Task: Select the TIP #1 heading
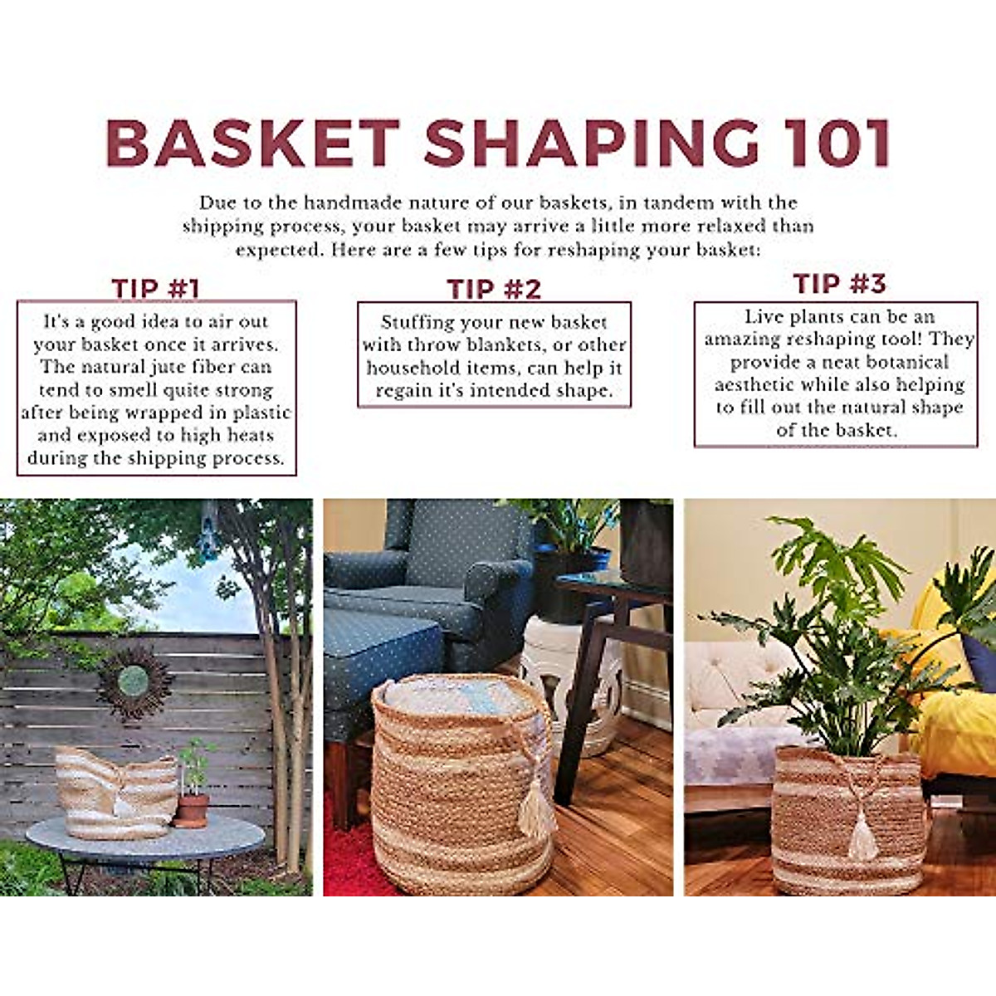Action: (x=156, y=289)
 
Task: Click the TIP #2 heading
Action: (x=494, y=289)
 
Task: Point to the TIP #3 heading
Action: (x=839, y=284)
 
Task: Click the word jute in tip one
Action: (x=173, y=367)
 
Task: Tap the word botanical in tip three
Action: (x=907, y=363)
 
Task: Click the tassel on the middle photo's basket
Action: (x=537, y=809)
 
